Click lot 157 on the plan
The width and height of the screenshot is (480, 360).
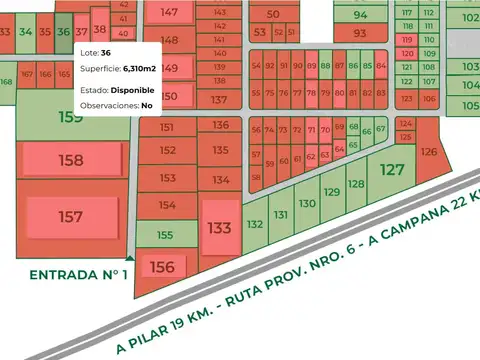pos(71,217)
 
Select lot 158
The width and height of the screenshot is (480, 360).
pos(71,160)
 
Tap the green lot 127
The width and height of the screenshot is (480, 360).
pos(393,170)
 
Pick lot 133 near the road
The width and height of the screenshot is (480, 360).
pos(220,227)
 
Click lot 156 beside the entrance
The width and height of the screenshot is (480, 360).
pos(162,267)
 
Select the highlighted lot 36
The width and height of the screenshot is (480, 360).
pos(63,31)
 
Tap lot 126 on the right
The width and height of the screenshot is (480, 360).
pos(429,152)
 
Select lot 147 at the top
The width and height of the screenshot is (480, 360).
pos(171,12)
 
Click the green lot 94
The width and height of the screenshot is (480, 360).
pos(360,15)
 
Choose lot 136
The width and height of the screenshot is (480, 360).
pos(220,125)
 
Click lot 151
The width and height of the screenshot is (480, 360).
pos(166,127)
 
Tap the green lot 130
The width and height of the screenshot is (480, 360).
pos(307,203)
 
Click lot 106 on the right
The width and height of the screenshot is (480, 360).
pos(428,99)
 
